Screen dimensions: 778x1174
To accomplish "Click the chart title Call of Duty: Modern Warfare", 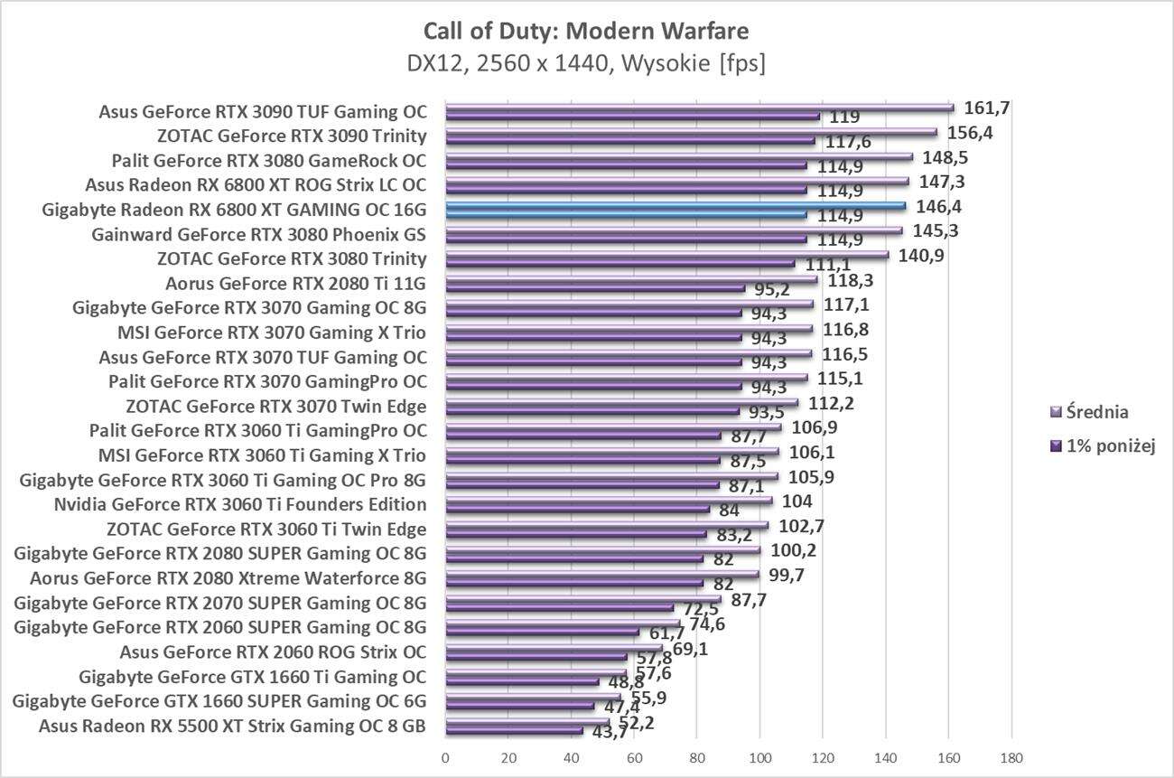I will click(x=586, y=32).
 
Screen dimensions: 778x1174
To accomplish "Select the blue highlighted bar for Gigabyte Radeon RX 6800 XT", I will click(x=676, y=206).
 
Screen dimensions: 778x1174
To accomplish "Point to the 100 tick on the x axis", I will click(x=760, y=756).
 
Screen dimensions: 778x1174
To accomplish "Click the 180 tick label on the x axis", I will click(x=1011, y=756).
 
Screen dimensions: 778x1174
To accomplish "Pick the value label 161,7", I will click(x=987, y=108).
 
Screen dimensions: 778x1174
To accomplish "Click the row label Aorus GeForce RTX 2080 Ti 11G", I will click(x=296, y=283).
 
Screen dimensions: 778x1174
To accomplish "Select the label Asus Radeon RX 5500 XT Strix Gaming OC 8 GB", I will click(x=232, y=726).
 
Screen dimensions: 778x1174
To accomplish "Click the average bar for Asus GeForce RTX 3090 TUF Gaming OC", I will click(x=700, y=108).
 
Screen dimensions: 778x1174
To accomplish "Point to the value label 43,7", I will click(x=609, y=733).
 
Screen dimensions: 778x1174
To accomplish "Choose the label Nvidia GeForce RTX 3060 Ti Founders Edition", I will click(x=240, y=504).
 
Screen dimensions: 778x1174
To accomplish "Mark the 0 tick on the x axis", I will click(x=445, y=756).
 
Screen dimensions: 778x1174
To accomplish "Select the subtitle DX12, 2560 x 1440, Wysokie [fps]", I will click(x=586, y=63).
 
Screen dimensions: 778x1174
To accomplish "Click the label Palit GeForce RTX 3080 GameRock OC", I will click(x=269, y=161).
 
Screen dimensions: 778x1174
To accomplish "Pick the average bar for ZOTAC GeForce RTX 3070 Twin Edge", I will click(x=622, y=403).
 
